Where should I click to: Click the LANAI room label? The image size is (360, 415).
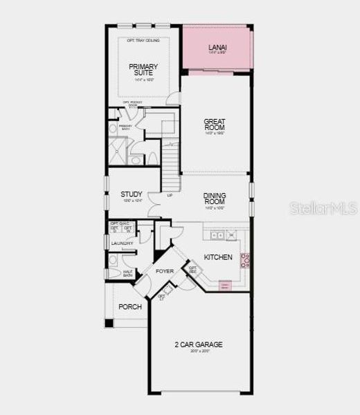click(x=217, y=48)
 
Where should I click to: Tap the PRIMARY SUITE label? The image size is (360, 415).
click(x=143, y=70)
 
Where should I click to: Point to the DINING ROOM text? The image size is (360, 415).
click(x=215, y=199)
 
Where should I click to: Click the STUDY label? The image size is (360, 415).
click(x=131, y=194)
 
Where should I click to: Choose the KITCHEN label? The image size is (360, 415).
click(x=218, y=257)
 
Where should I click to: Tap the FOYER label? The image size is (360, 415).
click(x=164, y=271)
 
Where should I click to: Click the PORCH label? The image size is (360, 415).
click(x=130, y=306)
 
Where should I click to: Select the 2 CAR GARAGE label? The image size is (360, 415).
click(x=200, y=344)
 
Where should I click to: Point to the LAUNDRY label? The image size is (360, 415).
click(x=122, y=243)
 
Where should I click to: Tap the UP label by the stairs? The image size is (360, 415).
click(x=170, y=195)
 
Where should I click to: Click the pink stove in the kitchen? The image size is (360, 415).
click(x=244, y=260)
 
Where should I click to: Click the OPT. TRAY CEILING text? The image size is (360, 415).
click(x=143, y=41)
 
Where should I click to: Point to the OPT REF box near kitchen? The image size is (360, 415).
click(x=192, y=269)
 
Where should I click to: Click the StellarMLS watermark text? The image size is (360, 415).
click(x=323, y=207)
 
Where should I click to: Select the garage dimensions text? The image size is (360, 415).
click(x=200, y=351)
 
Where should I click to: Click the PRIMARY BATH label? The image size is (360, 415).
click(x=125, y=127)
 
